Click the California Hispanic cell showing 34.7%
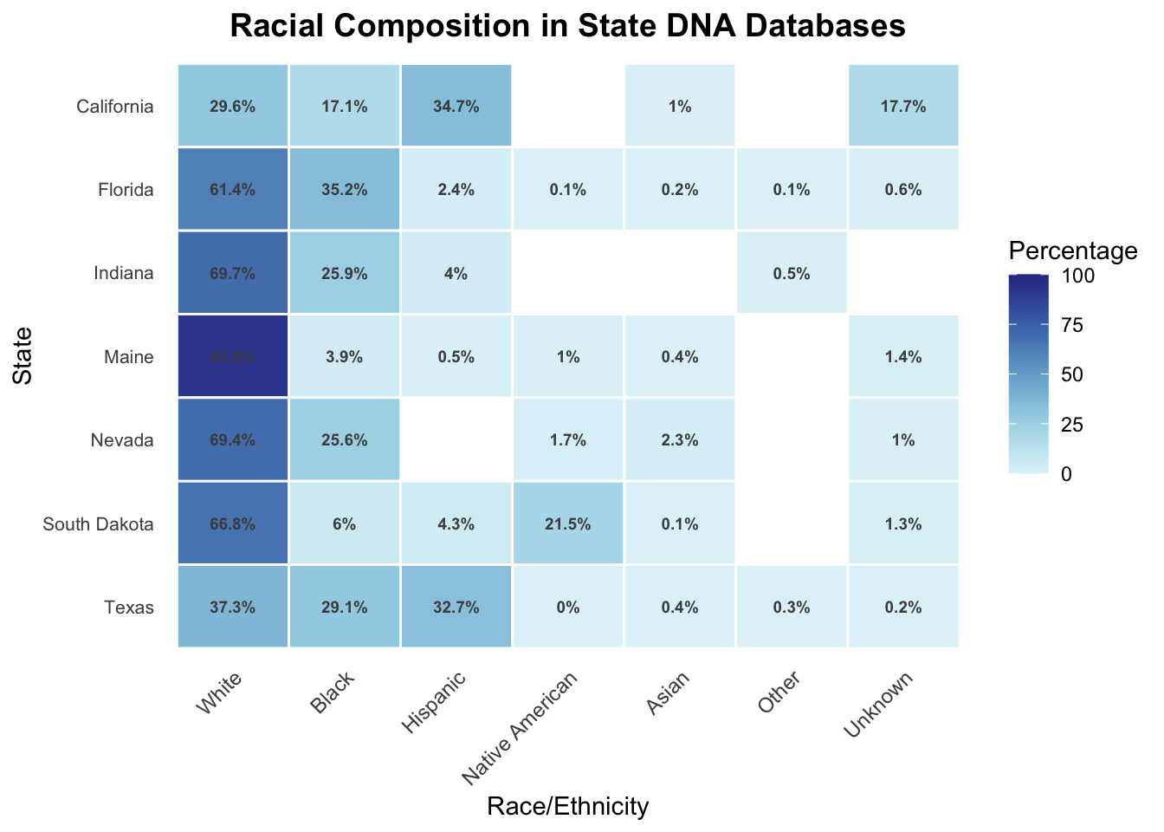coord(456,107)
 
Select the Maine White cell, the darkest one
coord(233,356)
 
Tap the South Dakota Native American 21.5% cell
coord(568,523)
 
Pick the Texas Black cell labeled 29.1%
coord(345,607)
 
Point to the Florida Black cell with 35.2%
coord(345,190)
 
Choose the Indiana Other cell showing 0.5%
coord(791,273)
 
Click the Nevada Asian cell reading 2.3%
coord(680,439)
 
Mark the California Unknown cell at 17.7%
coord(903,107)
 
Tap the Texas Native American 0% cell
coord(568,607)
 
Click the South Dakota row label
coord(98,523)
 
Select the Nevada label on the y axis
coord(122,439)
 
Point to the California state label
coord(114,107)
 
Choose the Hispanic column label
coord(438,701)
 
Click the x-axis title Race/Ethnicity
coord(568,807)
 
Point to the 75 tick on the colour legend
coord(1070,325)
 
